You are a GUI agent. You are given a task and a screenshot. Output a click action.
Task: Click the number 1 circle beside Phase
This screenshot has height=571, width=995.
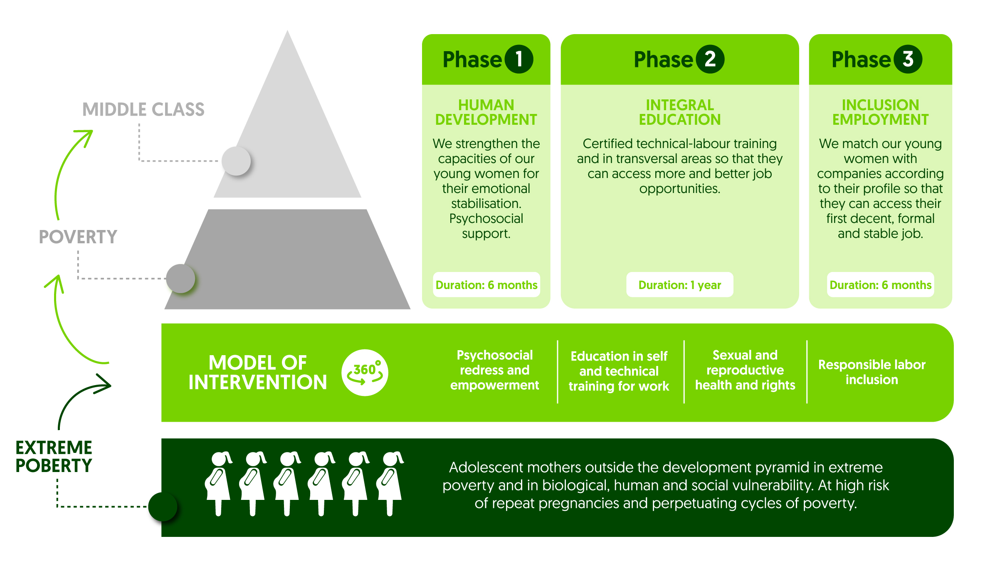pos(518,59)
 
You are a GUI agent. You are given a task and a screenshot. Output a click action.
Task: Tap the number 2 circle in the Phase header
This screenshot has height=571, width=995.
pos(710,59)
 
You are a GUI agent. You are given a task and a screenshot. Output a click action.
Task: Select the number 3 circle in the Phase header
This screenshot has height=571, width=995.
pos(908,59)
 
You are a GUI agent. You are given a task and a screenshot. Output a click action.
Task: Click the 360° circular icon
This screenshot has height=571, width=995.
pos(365,372)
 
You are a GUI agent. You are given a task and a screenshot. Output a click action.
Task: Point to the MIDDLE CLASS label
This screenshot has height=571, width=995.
pos(143,109)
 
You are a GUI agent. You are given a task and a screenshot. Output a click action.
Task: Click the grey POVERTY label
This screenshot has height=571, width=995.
pos(78,237)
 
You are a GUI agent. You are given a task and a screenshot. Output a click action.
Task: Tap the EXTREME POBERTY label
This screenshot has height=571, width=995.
pos(54,457)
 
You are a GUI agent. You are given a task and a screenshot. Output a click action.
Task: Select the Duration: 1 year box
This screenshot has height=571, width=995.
pos(680,285)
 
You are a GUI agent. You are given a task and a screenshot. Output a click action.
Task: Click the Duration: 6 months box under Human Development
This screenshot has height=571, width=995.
pos(486,285)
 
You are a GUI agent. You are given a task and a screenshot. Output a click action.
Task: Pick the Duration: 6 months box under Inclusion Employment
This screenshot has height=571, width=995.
pos(881,285)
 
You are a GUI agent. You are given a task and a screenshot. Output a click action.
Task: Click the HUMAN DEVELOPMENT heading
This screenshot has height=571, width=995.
pos(486,112)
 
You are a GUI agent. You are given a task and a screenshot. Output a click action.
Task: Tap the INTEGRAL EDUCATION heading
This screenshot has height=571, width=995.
pos(680,112)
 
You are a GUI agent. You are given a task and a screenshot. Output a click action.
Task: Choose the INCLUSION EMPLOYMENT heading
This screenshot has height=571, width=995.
pos(880,112)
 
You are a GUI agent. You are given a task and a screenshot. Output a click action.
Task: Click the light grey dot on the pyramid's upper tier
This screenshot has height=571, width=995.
pos(236,161)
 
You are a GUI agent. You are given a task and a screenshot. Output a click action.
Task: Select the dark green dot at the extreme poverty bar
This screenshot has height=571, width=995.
pos(163,507)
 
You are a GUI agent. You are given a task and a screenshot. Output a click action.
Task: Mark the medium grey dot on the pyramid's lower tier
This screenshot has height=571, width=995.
pos(180,279)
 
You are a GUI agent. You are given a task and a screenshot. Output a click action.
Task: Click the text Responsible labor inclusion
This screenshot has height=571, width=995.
pos(872,372)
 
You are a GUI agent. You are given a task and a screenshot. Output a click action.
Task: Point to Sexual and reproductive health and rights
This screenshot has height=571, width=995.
pos(745,370)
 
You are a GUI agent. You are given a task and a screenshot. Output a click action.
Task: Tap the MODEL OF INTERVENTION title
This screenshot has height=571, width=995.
pos(258,373)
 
